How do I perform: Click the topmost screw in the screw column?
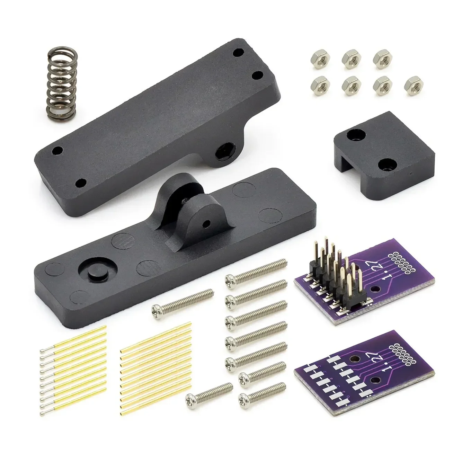[x=256, y=270]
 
